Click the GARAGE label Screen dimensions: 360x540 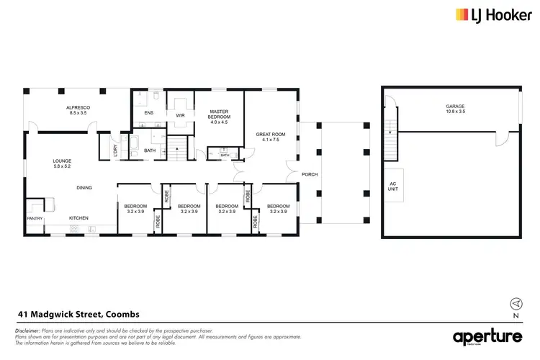455,107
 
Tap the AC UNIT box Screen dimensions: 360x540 393,187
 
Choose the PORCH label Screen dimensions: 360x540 310,175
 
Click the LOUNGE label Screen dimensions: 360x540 62,162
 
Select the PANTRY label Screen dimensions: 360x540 35,218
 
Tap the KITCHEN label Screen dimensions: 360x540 78,218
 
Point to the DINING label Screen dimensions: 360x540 85,188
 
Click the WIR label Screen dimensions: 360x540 181,113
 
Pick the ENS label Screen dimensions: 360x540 149,113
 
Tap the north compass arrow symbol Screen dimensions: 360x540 516,303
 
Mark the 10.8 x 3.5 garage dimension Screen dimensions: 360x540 455,112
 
